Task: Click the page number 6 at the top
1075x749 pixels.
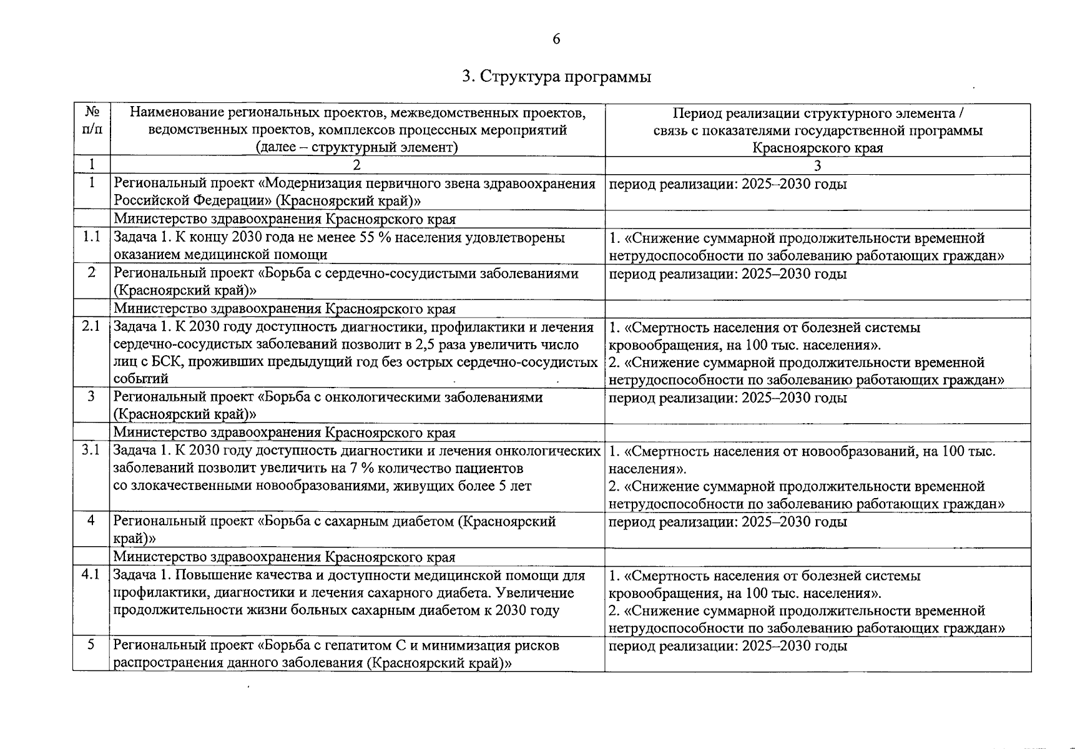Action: pos(556,39)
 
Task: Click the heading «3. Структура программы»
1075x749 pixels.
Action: pos(556,77)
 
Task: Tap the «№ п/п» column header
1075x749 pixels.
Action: pos(92,121)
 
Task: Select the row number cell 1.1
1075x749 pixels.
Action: pos(92,238)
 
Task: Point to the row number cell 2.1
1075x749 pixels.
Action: pos(92,327)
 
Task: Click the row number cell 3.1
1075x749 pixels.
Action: pos(92,451)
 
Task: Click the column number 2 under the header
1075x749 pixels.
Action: pos(357,165)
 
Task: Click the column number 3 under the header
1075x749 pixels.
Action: pos(817,165)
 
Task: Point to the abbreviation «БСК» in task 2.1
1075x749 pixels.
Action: pos(156,362)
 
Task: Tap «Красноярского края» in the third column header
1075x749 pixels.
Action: pos(817,148)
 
